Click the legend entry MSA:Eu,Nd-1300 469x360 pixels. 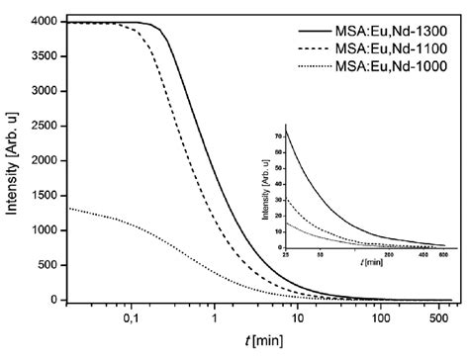coord(396,30)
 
